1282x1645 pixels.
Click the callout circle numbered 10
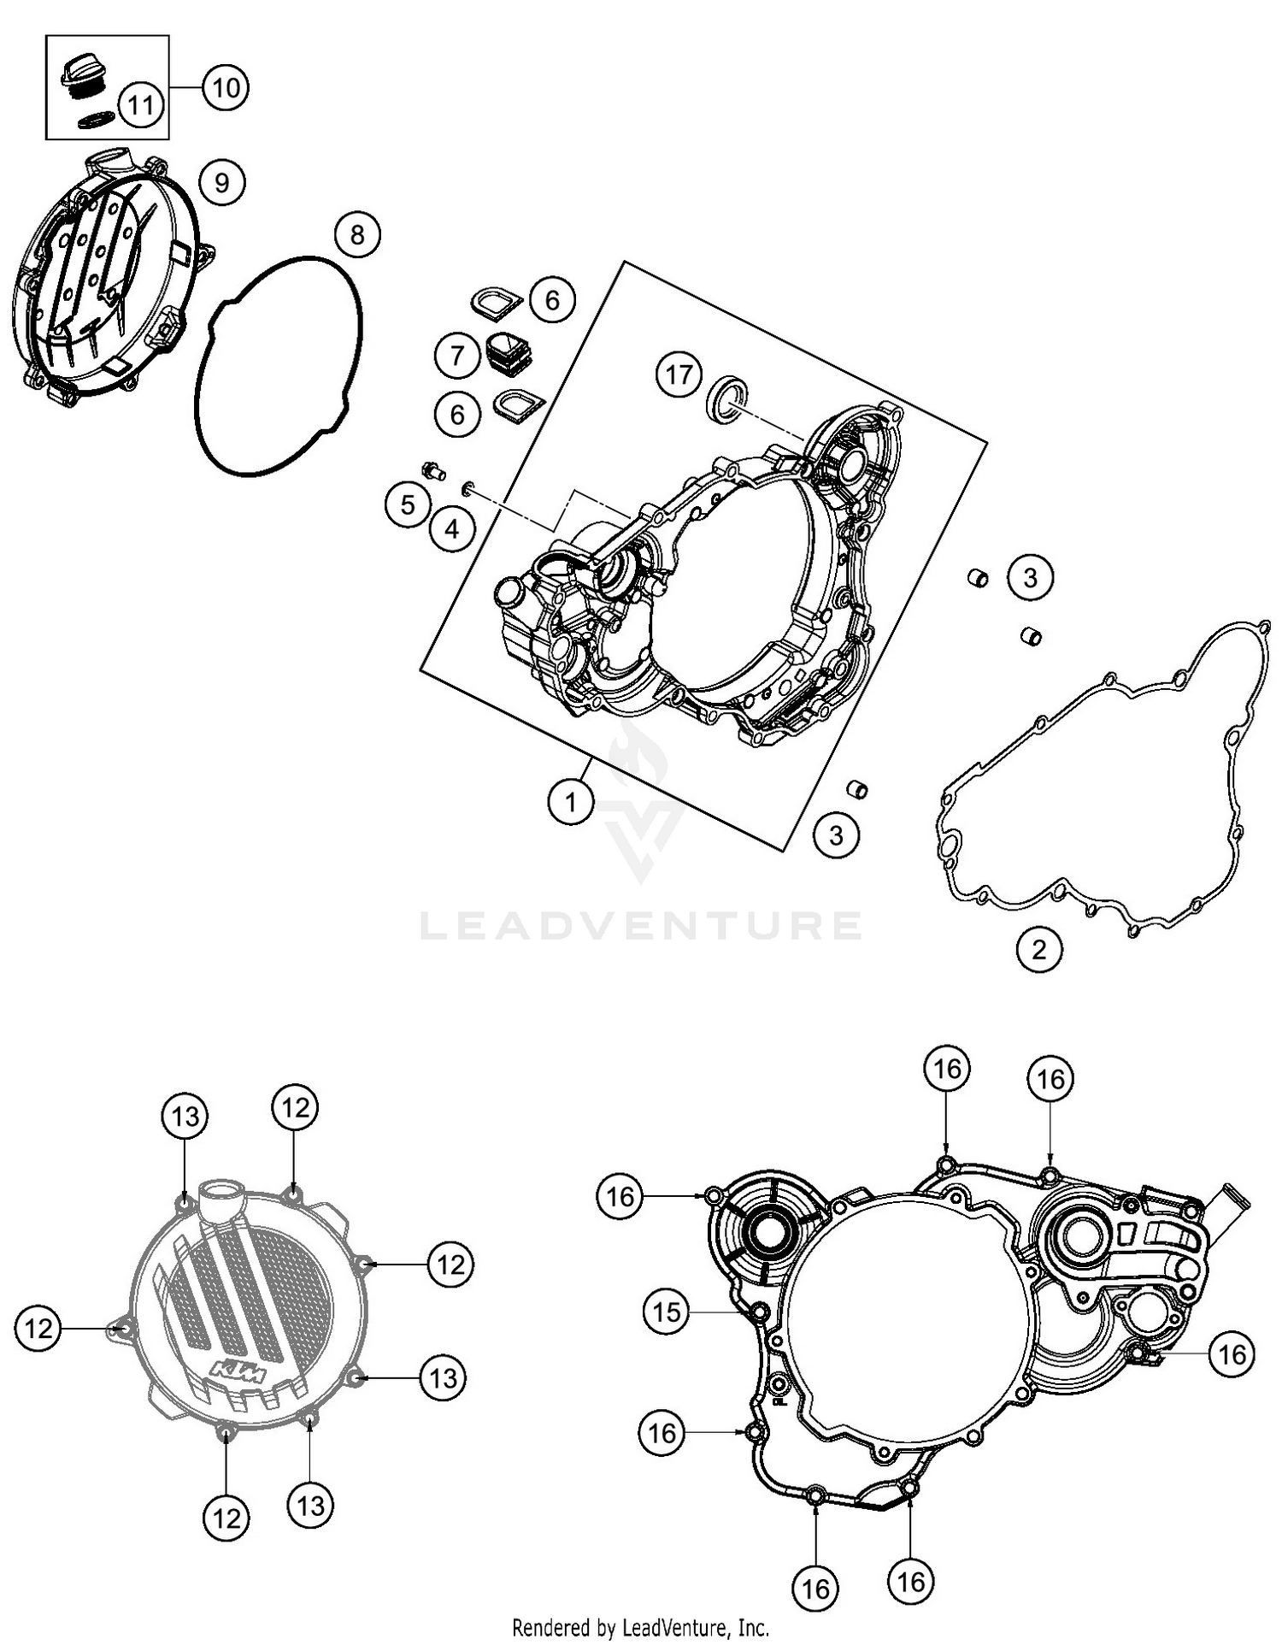pyautogui.click(x=225, y=87)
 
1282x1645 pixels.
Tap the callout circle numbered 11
pyautogui.click(x=141, y=104)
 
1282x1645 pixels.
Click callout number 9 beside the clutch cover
pyautogui.click(x=221, y=182)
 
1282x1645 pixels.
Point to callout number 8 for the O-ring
pyautogui.click(x=357, y=234)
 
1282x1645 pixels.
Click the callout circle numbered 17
pyautogui.click(x=679, y=374)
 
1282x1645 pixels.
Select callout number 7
pyautogui.click(x=457, y=354)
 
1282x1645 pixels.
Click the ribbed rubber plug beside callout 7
pyautogui.click(x=507, y=353)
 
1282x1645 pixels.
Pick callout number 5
pyautogui.click(x=408, y=505)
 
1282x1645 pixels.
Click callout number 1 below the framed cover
pyautogui.click(x=570, y=802)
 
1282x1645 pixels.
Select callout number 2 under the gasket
pyautogui.click(x=1039, y=949)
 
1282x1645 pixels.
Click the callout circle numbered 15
pyautogui.click(x=667, y=1312)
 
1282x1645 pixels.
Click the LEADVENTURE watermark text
pyautogui.click(x=641, y=925)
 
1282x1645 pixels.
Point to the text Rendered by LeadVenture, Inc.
pyautogui.click(x=641, y=1627)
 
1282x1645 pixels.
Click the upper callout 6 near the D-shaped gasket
pyautogui.click(x=552, y=299)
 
